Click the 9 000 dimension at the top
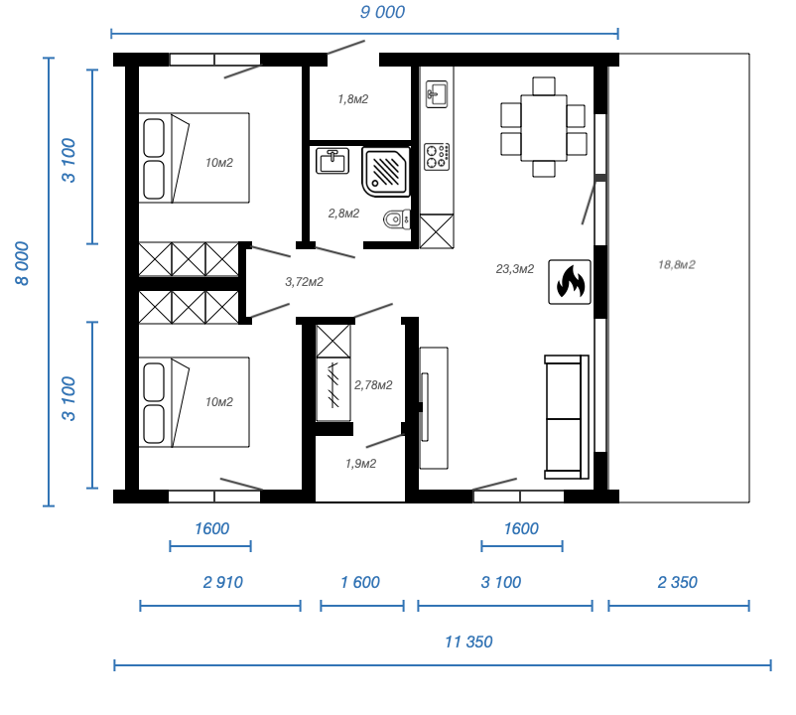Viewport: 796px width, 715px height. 381,13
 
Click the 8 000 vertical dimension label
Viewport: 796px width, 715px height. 22,263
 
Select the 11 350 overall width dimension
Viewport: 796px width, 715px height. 467,643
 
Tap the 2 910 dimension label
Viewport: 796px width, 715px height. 222,583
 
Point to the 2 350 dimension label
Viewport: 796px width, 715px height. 677,583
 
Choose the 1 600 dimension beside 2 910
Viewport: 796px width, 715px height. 359,583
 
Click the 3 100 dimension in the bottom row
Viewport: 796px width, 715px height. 500,583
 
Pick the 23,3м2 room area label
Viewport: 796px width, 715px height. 514,269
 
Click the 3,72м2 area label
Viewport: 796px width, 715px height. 304,282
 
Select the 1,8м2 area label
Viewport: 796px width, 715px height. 352,99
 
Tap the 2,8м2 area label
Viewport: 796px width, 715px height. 343,214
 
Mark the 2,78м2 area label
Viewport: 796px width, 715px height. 373,385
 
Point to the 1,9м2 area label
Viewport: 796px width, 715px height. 360,464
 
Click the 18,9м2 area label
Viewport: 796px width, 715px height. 676,265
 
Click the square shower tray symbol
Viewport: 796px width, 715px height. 386,172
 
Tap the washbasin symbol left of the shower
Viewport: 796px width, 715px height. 332,160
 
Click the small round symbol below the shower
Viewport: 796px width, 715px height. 396,220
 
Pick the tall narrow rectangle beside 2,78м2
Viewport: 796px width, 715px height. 425,406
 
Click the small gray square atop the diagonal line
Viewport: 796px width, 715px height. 600,178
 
